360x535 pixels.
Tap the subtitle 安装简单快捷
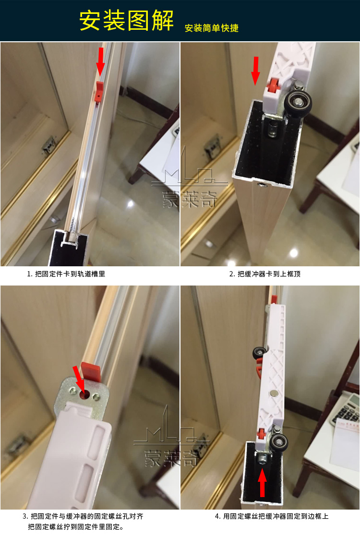(211, 28)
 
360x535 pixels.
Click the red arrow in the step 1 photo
(100, 61)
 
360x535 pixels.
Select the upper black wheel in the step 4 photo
(259, 354)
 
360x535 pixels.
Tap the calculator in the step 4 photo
(347, 408)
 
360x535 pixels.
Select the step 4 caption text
(272, 517)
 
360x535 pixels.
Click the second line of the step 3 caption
(75, 527)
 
